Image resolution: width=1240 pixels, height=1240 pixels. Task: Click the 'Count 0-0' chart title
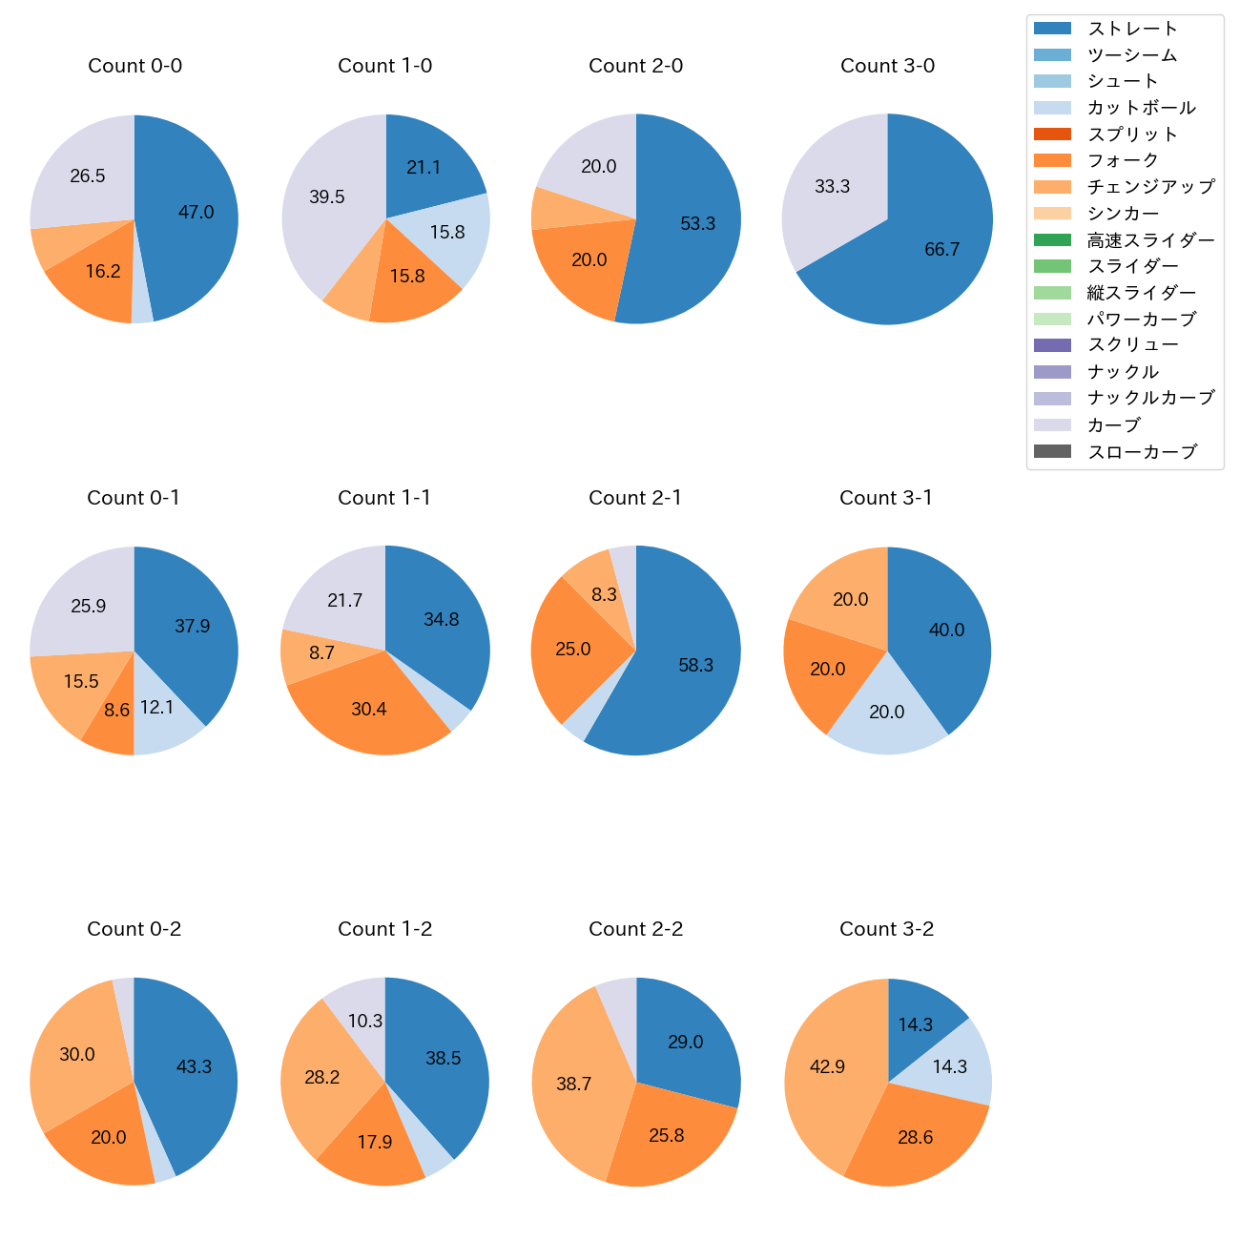point(134,66)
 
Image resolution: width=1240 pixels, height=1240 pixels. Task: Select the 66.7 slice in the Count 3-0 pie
point(935,243)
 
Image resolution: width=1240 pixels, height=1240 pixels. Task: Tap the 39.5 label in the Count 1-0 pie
point(327,197)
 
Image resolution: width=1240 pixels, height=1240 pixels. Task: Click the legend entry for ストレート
point(1132,29)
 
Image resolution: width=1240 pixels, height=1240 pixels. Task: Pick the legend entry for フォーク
point(1123,160)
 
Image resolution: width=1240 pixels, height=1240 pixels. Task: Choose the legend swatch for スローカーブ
point(1052,452)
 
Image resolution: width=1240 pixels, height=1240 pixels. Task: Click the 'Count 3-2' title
point(886,929)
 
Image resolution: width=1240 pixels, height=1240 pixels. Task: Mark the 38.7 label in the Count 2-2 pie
point(574,1085)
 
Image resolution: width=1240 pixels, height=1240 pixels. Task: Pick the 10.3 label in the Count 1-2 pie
point(365,1022)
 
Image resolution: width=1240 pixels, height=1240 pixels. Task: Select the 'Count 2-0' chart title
point(635,66)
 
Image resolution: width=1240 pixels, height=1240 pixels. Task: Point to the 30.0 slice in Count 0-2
point(77,1055)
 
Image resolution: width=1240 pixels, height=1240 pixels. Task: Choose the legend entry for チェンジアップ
point(1150,187)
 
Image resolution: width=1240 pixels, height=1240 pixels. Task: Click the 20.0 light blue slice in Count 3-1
point(887,713)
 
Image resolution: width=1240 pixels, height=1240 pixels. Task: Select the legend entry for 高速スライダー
point(1150,240)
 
